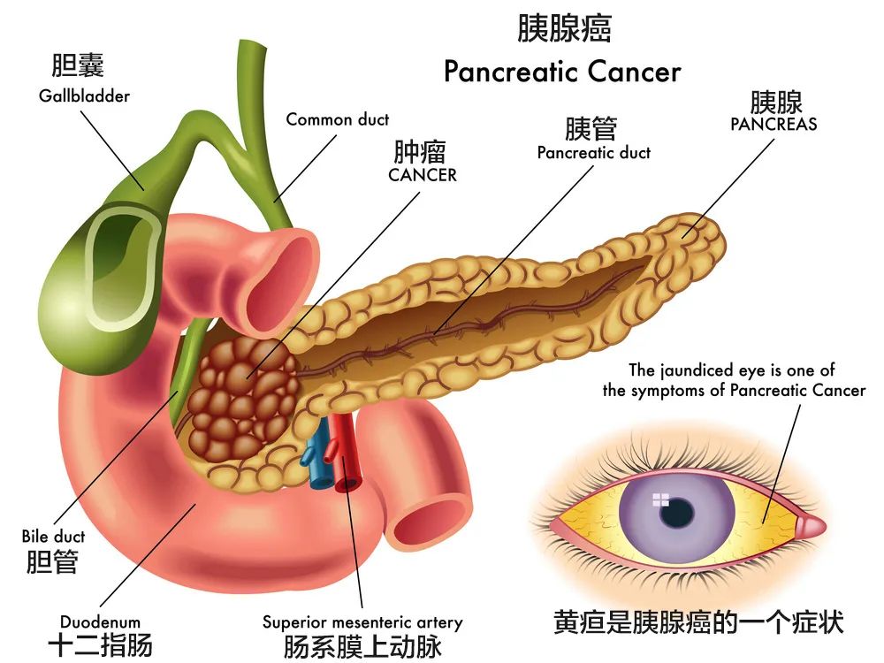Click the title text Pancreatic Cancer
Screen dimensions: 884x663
[x=562, y=72]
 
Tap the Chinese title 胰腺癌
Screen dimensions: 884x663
[x=564, y=28]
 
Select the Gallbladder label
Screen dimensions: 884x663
[x=84, y=95]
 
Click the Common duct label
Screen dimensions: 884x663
[x=337, y=119]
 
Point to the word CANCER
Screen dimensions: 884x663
[x=423, y=175]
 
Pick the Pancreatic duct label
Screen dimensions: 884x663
[x=594, y=153]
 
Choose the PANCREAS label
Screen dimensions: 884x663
[x=773, y=124]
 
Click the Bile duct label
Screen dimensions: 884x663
[x=53, y=537]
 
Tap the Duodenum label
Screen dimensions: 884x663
[x=100, y=622]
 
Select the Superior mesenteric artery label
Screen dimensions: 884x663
[x=362, y=622]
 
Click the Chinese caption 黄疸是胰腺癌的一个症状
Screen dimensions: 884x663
[x=698, y=622]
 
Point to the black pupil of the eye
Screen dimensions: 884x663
[x=676, y=513]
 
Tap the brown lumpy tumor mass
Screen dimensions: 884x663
[x=242, y=398]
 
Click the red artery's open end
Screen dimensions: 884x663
[x=348, y=484]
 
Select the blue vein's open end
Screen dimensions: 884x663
[x=321, y=482]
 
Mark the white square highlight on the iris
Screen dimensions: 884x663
[x=660, y=499]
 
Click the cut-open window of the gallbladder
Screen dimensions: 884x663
[x=121, y=267]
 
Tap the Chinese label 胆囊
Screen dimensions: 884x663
[x=78, y=65]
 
